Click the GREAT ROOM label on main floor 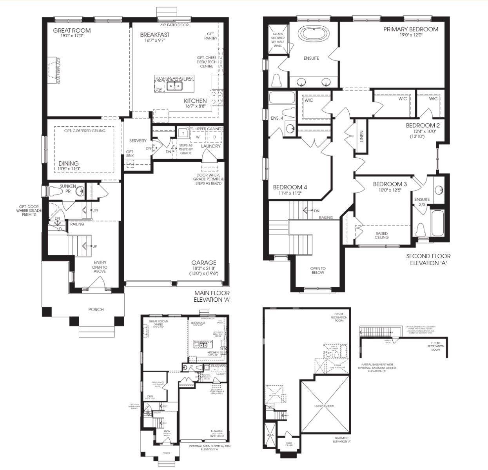click(x=72, y=31)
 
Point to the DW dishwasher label click(x=158, y=89)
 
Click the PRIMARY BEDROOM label click(x=410, y=29)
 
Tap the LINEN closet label click(x=361, y=136)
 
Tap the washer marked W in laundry click(x=198, y=137)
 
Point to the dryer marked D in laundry click(x=214, y=137)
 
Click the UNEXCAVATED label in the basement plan click(x=324, y=406)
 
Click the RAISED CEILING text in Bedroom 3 click(x=381, y=235)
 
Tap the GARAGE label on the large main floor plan click(x=203, y=262)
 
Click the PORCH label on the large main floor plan click(x=96, y=309)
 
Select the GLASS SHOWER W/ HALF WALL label click(x=278, y=40)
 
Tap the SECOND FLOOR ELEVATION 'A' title click(x=428, y=260)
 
